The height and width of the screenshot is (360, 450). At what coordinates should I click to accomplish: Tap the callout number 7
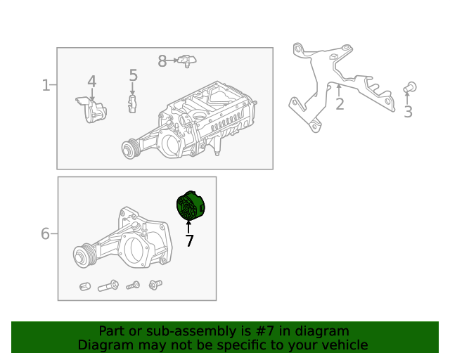pyautogui.click(x=189, y=241)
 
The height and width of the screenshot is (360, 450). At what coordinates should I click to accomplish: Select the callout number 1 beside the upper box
pyautogui.click(x=46, y=86)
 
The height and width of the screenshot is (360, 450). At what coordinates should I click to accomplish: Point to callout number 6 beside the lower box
pyautogui.click(x=45, y=233)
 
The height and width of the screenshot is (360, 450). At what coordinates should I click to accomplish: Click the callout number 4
pyautogui.click(x=91, y=82)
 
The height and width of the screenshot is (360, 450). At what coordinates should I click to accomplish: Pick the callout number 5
pyautogui.click(x=133, y=75)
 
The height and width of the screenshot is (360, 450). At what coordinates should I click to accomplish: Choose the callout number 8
pyautogui.click(x=162, y=62)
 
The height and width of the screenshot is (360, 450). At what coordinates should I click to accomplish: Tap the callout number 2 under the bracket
pyautogui.click(x=340, y=105)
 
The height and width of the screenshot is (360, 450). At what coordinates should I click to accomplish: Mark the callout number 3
pyautogui.click(x=408, y=112)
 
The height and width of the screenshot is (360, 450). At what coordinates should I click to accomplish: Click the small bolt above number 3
pyautogui.click(x=411, y=87)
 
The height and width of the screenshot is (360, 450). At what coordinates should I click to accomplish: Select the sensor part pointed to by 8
pyautogui.click(x=186, y=61)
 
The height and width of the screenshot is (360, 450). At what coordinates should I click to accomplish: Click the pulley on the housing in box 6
pyautogui.click(x=85, y=255)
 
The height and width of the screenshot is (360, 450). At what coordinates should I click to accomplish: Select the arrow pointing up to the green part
pyautogui.click(x=189, y=226)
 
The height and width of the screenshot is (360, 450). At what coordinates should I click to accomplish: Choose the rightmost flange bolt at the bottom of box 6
pyautogui.click(x=155, y=285)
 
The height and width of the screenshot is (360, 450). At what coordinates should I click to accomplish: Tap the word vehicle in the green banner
pyautogui.click(x=343, y=345)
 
